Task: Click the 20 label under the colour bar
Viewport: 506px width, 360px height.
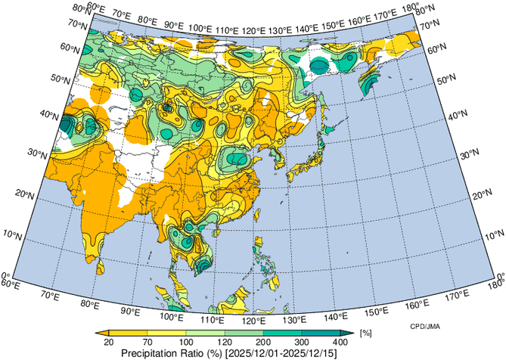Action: (x=109, y=343)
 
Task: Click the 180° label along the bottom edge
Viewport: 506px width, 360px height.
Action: (x=497, y=285)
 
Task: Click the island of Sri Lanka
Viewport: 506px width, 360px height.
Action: (x=101, y=263)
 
